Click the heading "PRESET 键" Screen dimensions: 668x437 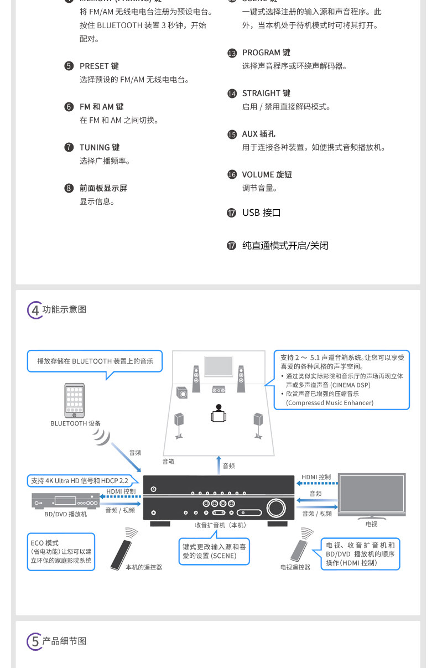(x=99, y=66)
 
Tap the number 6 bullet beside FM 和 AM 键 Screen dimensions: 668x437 (x=69, y=107)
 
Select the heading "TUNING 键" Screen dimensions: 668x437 (x=100, y=148)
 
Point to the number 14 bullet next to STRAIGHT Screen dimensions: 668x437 (x=232, y=94)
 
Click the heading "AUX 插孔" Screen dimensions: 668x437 (x=258, y=134)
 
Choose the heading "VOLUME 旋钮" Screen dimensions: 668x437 (x=267, y=175)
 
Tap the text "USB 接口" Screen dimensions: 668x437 (x=262, y=213)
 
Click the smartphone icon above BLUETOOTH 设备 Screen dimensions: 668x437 (x=75, y=400)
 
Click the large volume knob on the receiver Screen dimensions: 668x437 (x=274, y=507)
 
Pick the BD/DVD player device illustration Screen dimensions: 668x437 (x=65, y=501)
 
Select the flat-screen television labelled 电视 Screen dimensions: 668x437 (x=372, y=494)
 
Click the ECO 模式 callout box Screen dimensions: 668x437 (x=61, y=552)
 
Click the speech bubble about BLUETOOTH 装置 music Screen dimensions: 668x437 (x=95, y=361)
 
